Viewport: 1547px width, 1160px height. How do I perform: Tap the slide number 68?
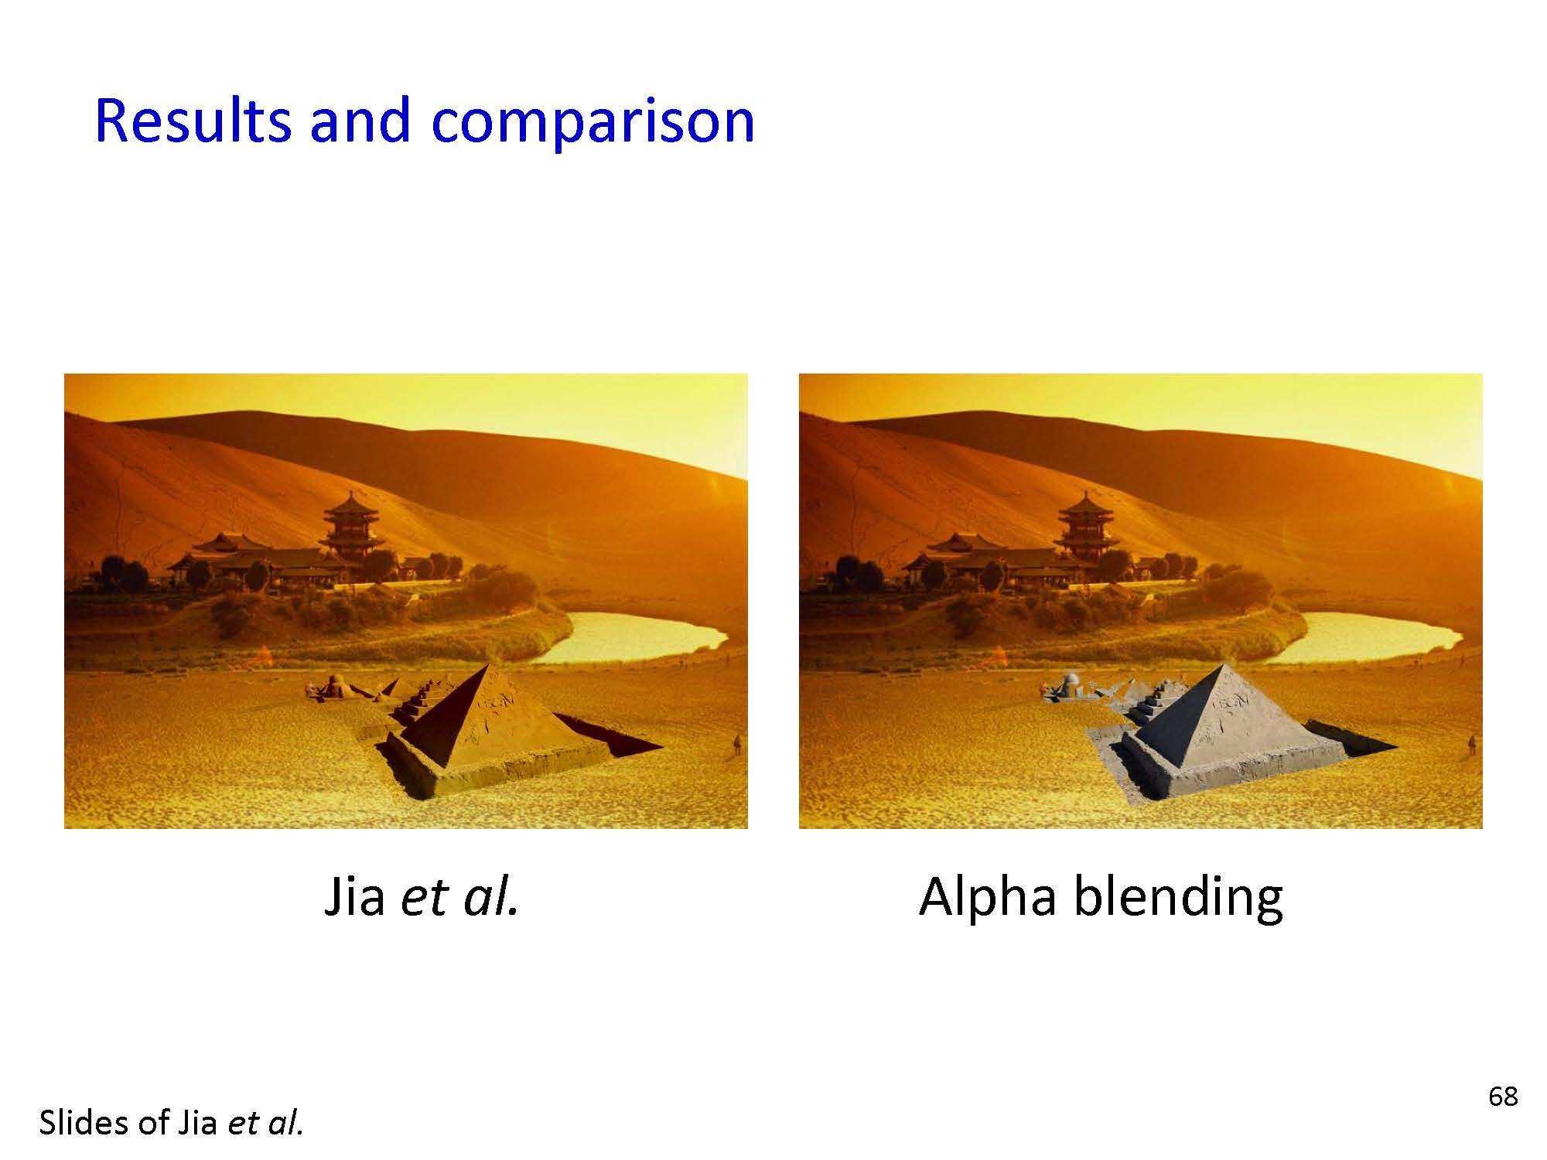(x=1503, y=1096)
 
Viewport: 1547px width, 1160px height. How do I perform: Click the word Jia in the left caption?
(x=354, y=897)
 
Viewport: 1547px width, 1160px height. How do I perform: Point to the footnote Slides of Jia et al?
(x=171, y=1123)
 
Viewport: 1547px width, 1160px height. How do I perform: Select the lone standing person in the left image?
(x=736, y=745)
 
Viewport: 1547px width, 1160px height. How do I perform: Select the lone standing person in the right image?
(x=1471, y=745)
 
